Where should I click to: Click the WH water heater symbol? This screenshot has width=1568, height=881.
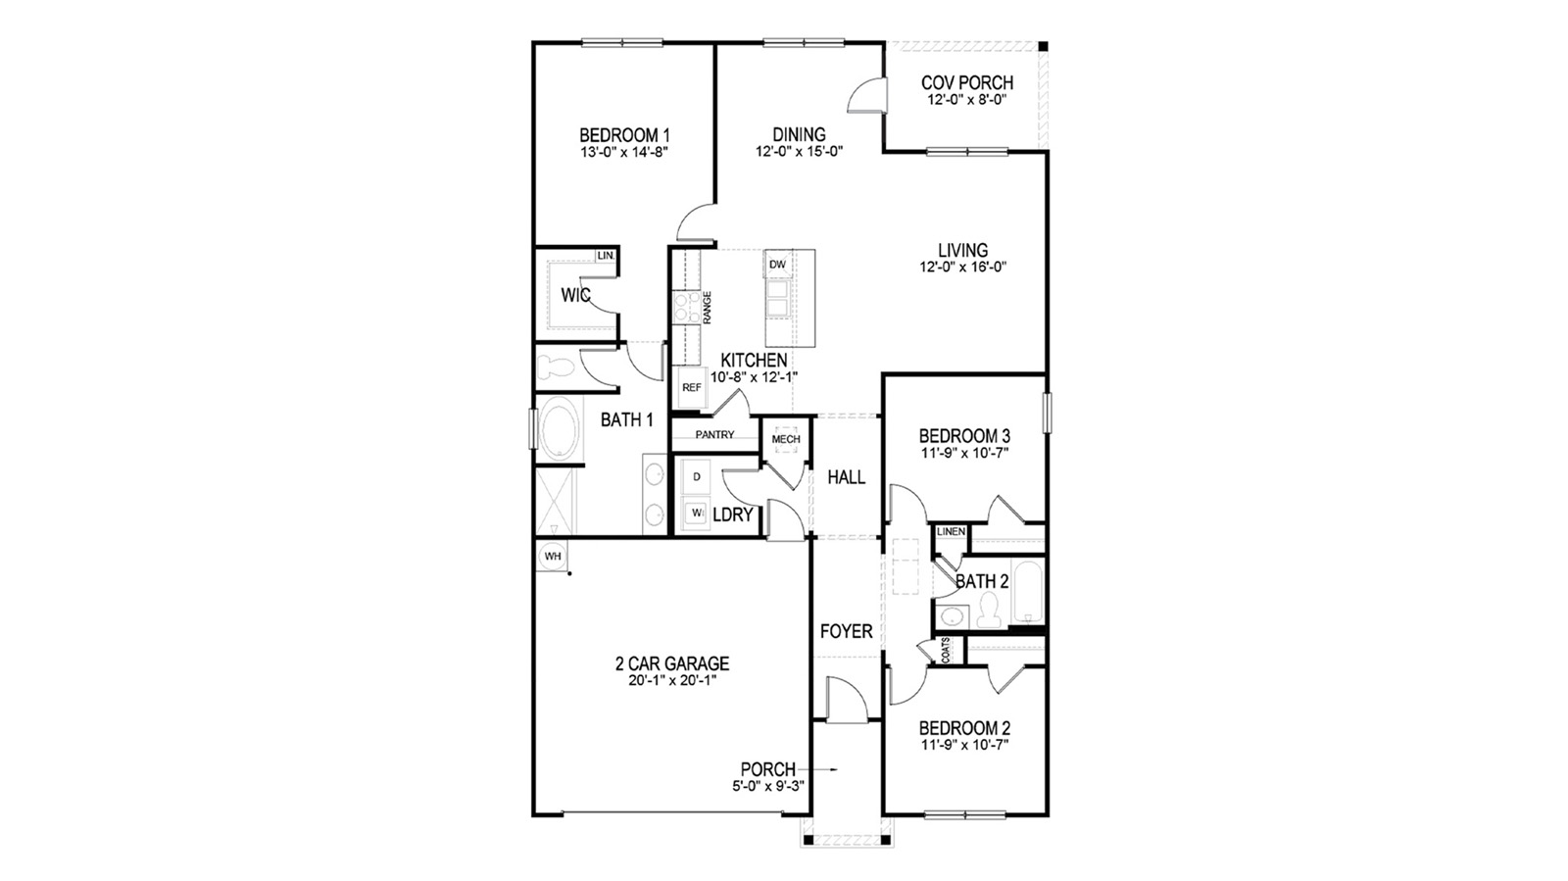coord(553,556)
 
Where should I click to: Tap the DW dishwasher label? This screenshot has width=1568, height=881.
coord(777,265)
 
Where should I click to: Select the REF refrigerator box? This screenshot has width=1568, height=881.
coord(692,387)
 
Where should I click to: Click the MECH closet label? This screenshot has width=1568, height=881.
coord(786,439)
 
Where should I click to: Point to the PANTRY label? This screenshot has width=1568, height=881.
coord(714,434)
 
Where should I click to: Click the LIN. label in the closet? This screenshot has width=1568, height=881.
coord(606,256)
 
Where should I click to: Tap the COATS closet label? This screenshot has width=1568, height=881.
coord(946,651)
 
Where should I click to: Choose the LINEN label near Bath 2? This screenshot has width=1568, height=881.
coord(951,532)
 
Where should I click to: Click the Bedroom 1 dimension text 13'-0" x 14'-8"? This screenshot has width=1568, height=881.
coord(624,152)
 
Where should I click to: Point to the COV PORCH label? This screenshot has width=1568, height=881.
coord(967,83)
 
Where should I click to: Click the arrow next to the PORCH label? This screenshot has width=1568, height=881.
coord(821,770)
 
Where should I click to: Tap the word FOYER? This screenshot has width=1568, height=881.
coord(846,632)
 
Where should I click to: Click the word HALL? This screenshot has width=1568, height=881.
coord(846,477)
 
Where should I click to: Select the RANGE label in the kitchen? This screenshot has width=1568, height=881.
coord(707,308)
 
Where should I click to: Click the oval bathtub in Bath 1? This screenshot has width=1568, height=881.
coord(558,428)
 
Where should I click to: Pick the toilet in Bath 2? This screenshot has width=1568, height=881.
coord(987,613)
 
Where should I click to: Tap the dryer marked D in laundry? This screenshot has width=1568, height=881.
coord(697,476)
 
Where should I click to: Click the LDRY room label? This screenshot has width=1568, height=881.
coord(732,514)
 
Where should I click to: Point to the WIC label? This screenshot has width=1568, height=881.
coord(575,295)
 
